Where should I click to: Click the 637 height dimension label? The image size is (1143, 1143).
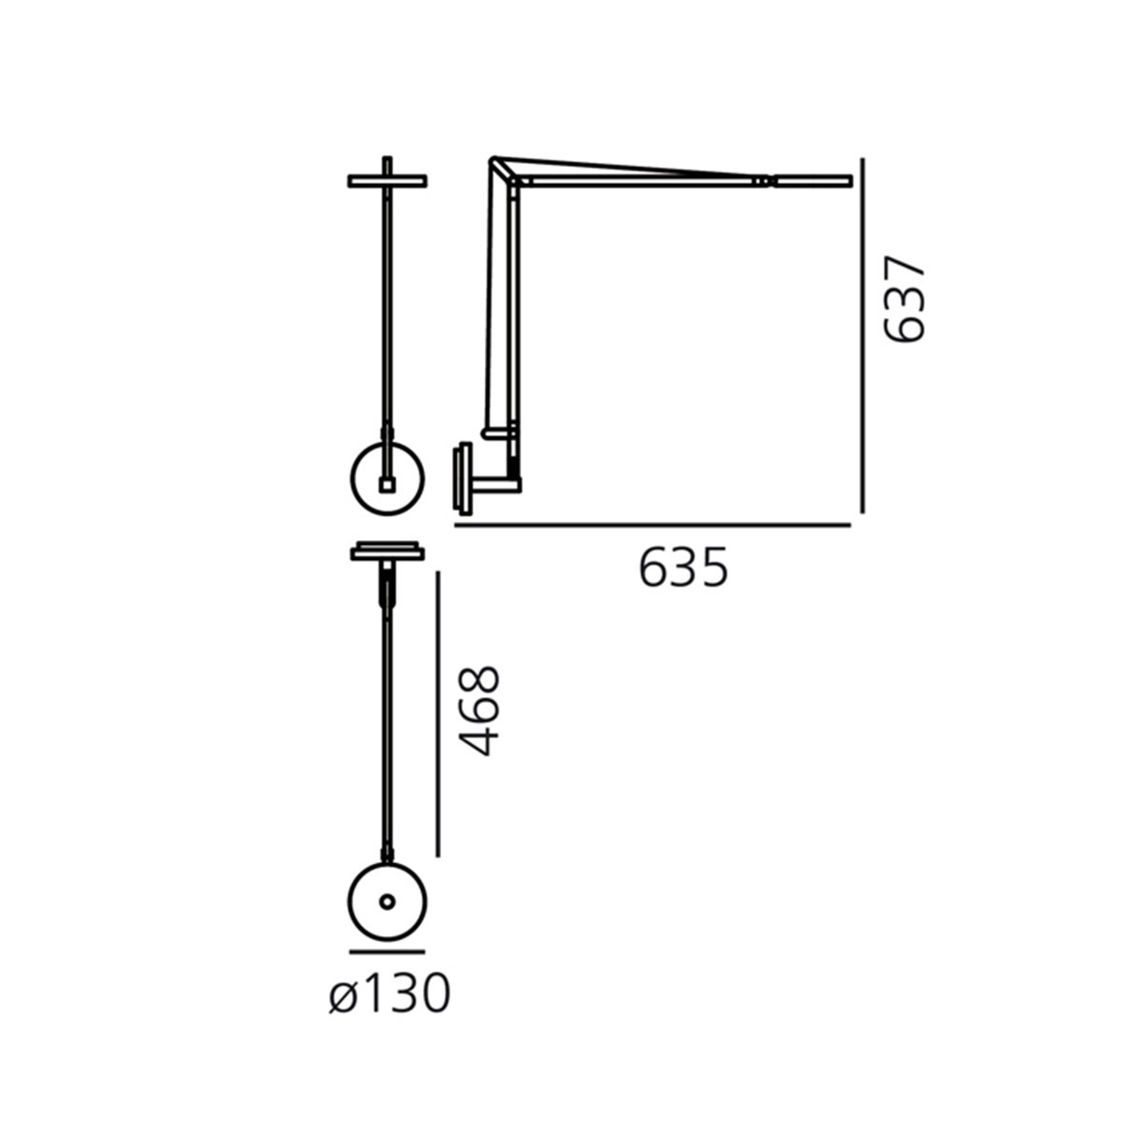[x=904, y=299]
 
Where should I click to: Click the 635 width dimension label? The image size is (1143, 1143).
[x=683, y=568]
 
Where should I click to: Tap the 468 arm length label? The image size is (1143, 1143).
[x=480, y=712]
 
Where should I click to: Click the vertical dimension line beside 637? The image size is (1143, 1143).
[x=862, y=335]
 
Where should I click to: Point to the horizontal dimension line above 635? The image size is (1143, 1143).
[x=652, y=525]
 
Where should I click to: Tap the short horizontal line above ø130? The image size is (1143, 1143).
[x=387, y=952]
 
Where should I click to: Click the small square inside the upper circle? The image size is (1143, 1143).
[x=387, y=485]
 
